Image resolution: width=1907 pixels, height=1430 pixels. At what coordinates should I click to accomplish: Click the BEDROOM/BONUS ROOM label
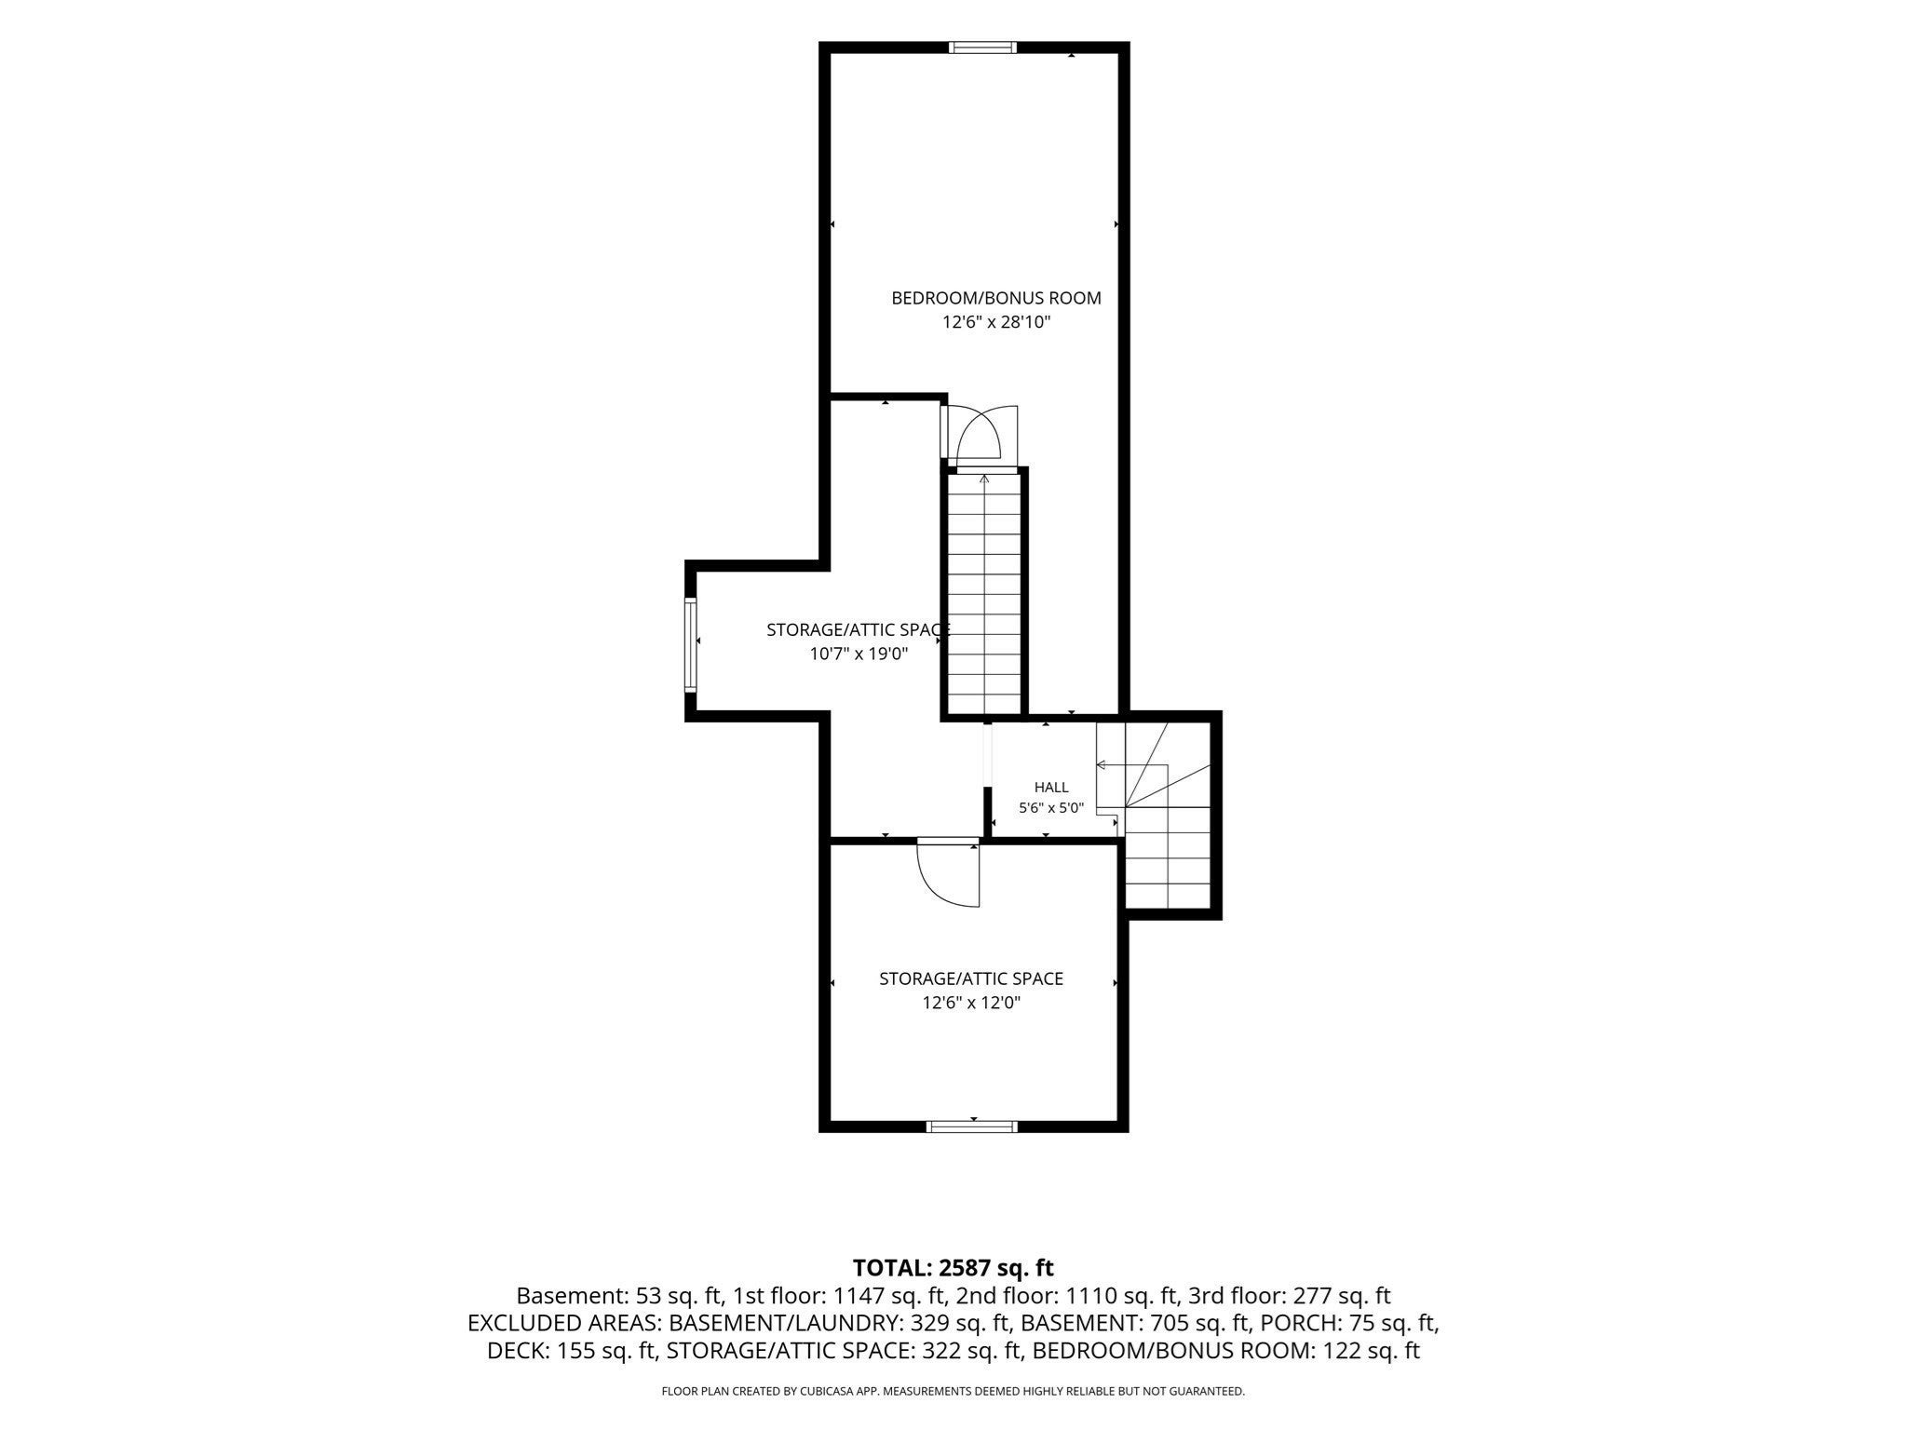pyautogui.click(x=996, y=298)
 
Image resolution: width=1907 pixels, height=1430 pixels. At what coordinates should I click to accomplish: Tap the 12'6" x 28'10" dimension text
pyautogui.click(x=996, y=322)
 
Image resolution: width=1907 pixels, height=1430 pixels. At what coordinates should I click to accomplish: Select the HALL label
pyautogui.click(x=1051, y=788)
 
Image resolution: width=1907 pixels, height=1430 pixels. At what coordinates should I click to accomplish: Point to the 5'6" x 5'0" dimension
pyautogui.click(x=1051, y=808)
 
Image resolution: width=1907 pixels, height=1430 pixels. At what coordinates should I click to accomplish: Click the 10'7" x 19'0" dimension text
pyautogui.click(x=859, y=654)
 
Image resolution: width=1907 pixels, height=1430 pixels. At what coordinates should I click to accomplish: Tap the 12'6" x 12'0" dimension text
pyautogui.click(x=971, y=1003)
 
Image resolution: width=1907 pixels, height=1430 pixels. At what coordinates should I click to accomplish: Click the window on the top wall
pyautogui.click(x=982, y=47)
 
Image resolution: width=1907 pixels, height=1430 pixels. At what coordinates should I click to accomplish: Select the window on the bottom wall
pyautogui.click(x=972, y=1126)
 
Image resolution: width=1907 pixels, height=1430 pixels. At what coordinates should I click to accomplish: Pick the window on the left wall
pyautogui.click(x=691, y=645)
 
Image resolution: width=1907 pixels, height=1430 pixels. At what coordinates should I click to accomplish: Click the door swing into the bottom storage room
pyautogui.click(x=948, y=873)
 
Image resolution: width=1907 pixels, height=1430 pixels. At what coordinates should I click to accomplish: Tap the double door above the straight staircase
pyautogui.click(x=979, y=434)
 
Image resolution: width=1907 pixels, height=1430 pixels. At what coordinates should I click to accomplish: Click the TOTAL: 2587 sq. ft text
pyautogui.click(x=953, y=1267)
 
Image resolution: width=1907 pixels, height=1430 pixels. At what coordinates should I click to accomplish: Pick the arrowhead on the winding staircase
pyautogui.click(x=1101, y=765)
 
